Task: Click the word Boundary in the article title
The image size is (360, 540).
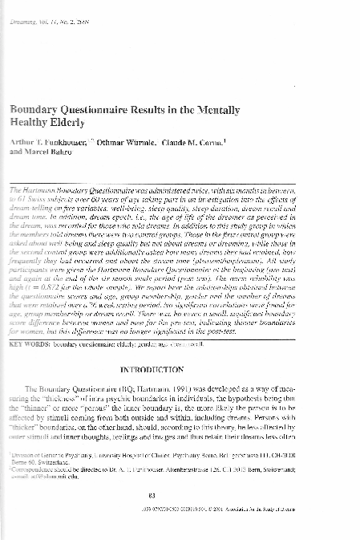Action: [34, 108]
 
